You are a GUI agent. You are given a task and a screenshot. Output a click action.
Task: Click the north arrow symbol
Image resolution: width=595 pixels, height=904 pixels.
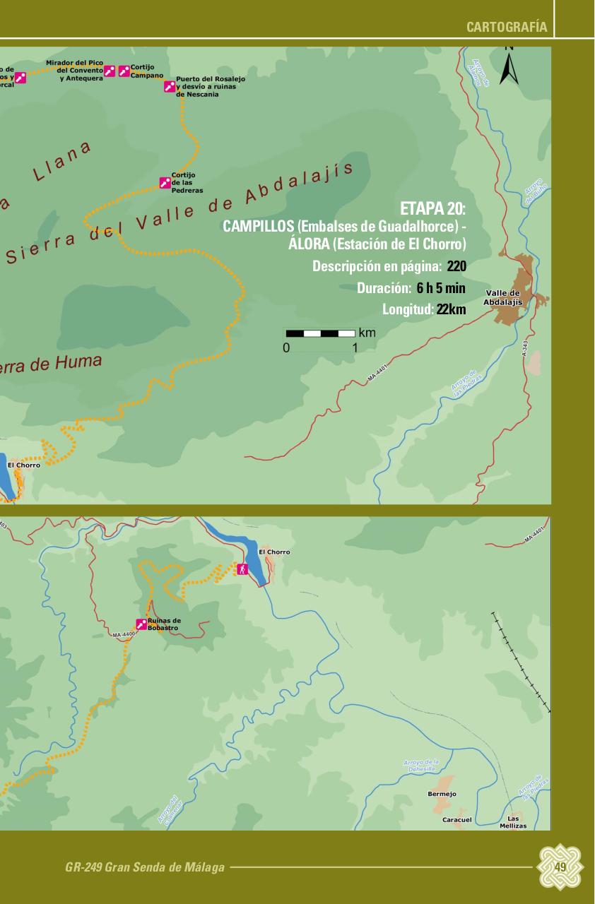click(x=509, y=68)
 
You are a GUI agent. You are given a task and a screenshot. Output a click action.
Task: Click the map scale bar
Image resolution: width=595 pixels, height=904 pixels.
click(x=320, y=333)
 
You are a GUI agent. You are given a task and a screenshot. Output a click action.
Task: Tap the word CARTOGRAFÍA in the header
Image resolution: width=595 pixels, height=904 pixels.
click(x=507, y=28)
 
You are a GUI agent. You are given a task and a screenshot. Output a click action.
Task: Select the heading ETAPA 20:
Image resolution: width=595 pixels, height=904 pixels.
click(x=432, y=208)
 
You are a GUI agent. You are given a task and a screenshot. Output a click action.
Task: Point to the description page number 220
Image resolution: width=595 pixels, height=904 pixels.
click(x=456, y=266)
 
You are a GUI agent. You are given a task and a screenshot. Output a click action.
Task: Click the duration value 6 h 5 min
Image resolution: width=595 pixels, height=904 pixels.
click(x=441, y=288)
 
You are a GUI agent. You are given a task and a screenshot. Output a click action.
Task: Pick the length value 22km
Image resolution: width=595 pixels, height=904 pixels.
click(x=451, y=309)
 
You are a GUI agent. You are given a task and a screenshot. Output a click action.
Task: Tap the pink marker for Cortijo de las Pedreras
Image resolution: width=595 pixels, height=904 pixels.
click(x=165, y=183)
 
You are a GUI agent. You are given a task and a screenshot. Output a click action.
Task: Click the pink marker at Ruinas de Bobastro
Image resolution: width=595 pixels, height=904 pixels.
click(x=141, y=624)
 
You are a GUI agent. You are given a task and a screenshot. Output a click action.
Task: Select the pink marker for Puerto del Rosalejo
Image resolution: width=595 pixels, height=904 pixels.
click(x=170, y=86)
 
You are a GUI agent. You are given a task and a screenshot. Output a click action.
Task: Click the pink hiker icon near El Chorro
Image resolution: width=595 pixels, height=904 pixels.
click(x=242, y=569)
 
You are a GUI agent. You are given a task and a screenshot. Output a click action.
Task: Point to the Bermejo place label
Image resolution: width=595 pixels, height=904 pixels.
click(x=442, y=794)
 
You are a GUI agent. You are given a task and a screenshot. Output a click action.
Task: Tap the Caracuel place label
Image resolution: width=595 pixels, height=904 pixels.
click(x=456, y=819)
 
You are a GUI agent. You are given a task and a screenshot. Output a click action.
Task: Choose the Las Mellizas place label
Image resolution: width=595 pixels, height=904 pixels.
click(x=513, y=822)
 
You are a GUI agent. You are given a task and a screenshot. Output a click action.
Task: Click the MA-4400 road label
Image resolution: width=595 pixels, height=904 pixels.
click(x=123, y=635)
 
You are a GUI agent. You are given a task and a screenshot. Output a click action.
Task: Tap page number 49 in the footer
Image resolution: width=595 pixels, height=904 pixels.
click(x=560, y=867)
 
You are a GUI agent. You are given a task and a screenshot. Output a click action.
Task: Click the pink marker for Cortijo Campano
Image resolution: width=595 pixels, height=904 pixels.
click(x=124, y=71)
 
